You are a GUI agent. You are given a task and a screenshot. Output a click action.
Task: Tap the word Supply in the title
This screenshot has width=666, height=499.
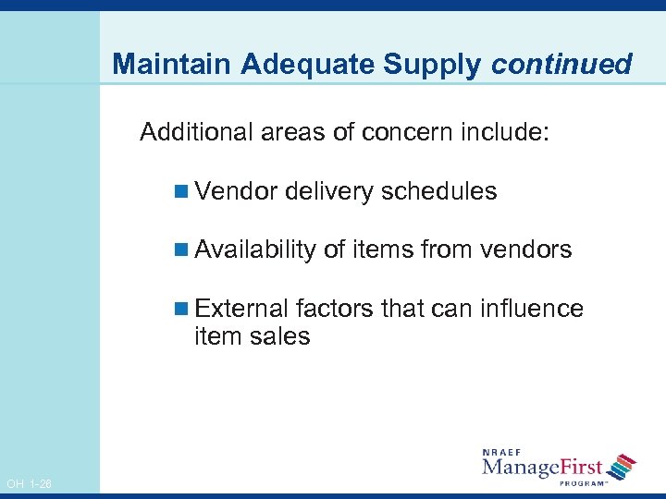click(x=439, y=65)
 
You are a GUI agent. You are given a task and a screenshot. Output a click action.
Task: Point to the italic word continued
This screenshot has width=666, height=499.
click(x=561, y=64)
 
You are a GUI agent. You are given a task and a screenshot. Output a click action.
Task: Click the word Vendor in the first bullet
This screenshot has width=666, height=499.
click(x=237, y=191)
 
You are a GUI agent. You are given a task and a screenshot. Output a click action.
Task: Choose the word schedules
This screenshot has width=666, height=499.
click(x=439, y=191)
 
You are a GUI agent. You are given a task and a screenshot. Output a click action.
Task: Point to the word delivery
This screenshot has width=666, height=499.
click(x=330, y=192)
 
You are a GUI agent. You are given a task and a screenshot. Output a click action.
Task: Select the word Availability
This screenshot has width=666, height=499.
click(x=255, y=250)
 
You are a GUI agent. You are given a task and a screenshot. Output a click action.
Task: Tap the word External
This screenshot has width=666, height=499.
click(x=241, y=308)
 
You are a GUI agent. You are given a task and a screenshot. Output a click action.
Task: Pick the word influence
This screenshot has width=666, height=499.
click(x=532, y=308)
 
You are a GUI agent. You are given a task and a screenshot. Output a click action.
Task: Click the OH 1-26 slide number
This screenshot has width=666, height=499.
click(x=29, y=484)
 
